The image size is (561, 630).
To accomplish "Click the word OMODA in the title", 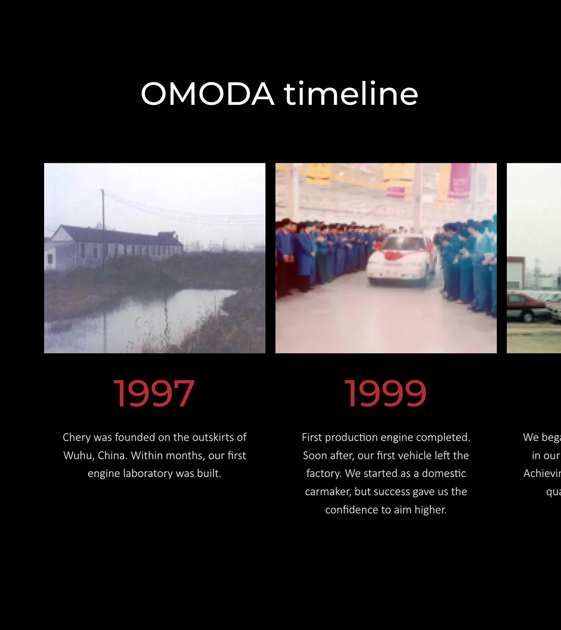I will point(207,94).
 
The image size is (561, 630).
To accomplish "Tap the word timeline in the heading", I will point(350,94).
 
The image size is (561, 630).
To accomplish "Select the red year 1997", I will point(154,394).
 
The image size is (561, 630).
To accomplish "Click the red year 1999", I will point(385,394).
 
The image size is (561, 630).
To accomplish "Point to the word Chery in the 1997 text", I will point(76,437).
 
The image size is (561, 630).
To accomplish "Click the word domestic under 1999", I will point(444,474).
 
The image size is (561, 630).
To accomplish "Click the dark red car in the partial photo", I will point(527,305).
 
